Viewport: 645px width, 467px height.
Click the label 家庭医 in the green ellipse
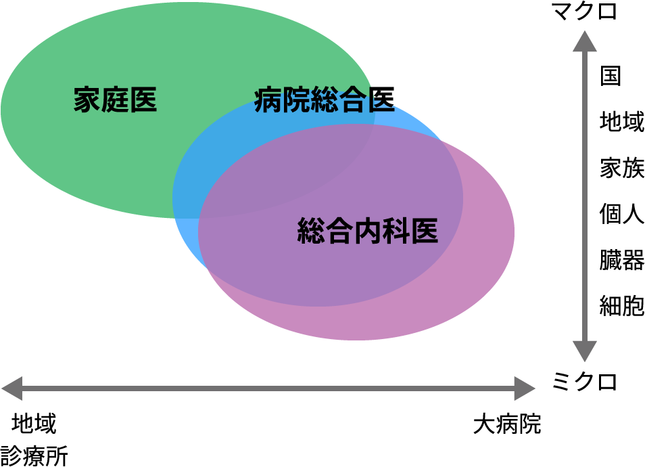tap(115, 100)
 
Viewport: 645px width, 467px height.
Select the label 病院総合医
tap(325, 100)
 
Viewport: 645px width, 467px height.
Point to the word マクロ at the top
tap(585, 12)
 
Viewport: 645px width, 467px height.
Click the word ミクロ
tap(585, 382)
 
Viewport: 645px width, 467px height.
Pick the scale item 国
tap(611, 75)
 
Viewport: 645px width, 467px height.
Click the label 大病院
tap(507, 425)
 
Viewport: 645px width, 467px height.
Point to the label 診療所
tap(34, 455)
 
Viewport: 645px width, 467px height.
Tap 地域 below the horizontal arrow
tap(34, 424)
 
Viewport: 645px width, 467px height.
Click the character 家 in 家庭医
tap(87, 100)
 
